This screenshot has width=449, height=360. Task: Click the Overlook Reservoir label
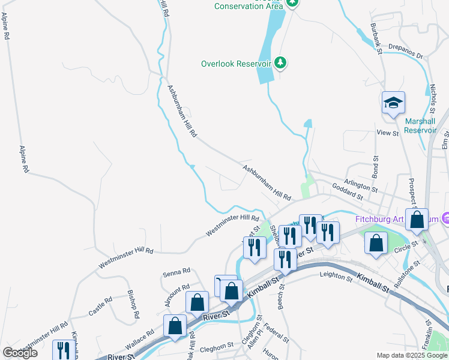click(237, 64)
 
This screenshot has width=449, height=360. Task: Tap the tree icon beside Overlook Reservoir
click(280, 62)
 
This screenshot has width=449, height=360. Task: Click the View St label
click(387, 133)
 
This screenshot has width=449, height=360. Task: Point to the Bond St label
click(375, 167)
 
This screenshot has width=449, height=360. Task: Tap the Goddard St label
click(348, 196)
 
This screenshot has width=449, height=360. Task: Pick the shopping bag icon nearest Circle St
click(376, 244)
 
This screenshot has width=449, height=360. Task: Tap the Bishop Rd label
click(133, 304)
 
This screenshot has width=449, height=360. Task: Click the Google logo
click(20, 353)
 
